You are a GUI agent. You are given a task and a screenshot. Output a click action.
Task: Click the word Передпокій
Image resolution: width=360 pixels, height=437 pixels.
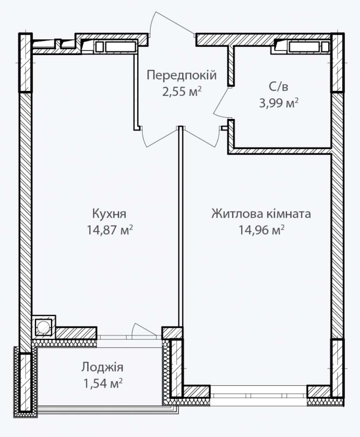click(x=182, y=75)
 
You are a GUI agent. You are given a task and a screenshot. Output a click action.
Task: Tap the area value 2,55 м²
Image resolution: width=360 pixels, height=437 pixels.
click(x=182, y=92)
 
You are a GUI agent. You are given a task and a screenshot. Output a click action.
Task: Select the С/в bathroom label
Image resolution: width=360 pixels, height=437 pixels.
click(x=278, y=87)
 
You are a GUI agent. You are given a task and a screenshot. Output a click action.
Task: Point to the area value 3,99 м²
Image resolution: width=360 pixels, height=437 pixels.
click(x=278, y=103)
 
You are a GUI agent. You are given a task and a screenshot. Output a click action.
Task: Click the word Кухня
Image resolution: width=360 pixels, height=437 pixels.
click(x=110, y=214)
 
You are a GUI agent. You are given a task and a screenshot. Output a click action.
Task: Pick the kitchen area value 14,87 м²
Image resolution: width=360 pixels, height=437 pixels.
click(x=110, y=230)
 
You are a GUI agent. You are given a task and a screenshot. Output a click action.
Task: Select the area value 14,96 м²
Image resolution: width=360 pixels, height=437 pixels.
click(x=261, y=230)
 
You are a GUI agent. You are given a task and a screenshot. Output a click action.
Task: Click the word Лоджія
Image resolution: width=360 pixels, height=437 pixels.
click(x=102, y=367)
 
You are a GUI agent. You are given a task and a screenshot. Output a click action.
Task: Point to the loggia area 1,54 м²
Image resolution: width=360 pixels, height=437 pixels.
click(x=103, y=383)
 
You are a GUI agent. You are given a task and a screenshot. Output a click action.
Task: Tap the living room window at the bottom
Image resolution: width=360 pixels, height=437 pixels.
click(x=258, y=395)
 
